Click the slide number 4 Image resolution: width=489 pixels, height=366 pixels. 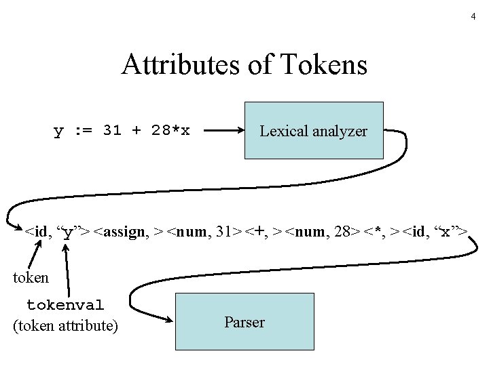click(473, 16)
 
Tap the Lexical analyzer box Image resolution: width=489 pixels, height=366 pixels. click(313, 131)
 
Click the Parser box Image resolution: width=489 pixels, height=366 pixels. click(244, 322)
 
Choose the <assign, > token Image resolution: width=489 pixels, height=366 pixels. click(128, 232)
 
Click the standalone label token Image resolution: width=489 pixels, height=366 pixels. click(31, 277)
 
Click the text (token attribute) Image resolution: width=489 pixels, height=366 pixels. click(65, 326)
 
